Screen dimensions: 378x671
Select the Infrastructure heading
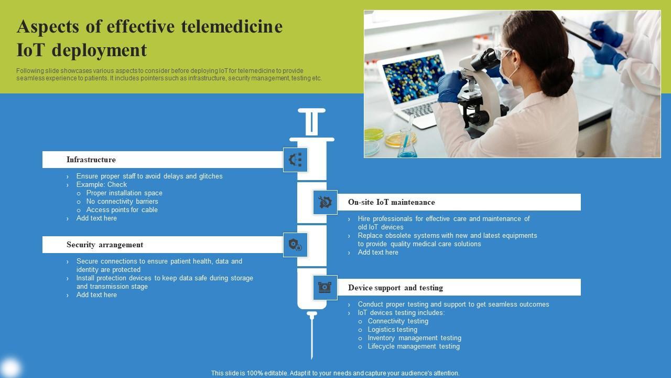click(91, 160)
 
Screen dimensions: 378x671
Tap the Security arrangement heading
click(105, 245)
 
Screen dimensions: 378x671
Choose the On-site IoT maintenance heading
click(391, 202)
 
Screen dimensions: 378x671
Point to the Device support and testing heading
click(395, 288)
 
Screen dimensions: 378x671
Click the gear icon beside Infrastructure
click(295, 160)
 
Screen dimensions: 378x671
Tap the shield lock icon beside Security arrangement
click(295, 245)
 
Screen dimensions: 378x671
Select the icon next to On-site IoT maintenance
click(325, 202)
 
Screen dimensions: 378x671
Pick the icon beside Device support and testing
click(325, 287)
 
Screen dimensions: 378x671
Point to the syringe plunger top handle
click(311, 111)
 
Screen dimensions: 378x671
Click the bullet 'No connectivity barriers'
click(122, 202)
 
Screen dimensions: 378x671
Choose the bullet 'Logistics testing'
click(393, 330)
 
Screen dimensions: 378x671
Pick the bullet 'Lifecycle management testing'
click(414, 346)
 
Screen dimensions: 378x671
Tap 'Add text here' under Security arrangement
click(96, 295)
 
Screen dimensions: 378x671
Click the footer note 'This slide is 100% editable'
click(335, 373)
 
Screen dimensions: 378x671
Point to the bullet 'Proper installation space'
click(124, 193)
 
